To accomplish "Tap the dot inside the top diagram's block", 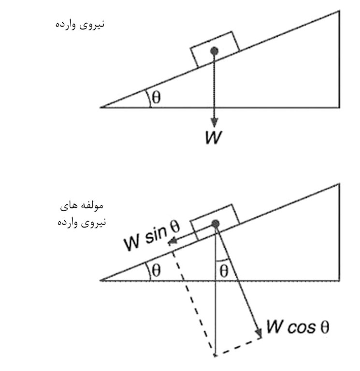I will point(215,51).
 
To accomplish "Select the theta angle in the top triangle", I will point(156,97).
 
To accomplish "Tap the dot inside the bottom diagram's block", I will point(216,223).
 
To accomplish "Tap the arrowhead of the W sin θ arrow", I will point(171,242).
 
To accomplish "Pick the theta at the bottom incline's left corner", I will point(156,271).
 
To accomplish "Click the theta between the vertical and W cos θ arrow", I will point(223,270).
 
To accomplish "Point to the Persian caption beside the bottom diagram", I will point(80,214).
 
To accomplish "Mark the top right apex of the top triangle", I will point(339,11).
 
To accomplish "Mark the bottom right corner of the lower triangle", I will point(339,280).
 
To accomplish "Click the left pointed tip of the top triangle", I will point(101,106).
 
